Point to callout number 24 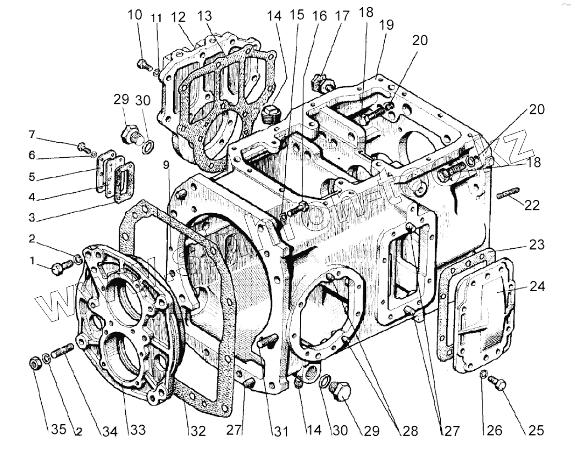537,286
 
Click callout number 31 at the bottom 281,431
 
